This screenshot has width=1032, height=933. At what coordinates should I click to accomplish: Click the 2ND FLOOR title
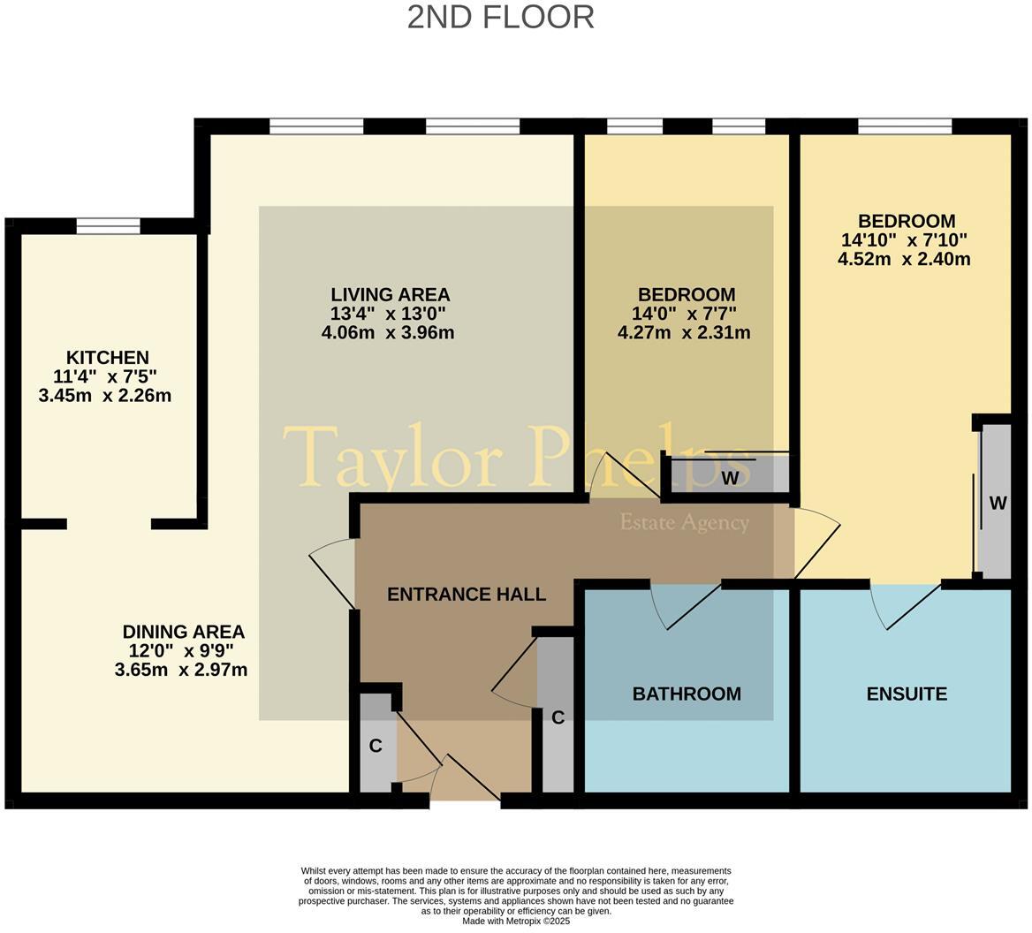[x=500, y=17]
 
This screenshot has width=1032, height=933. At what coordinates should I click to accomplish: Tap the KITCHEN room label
[x=107, y=358]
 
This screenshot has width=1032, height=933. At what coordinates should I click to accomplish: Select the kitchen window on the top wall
[x=108, y=227]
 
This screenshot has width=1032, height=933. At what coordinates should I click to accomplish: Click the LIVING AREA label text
[x=390, y=294]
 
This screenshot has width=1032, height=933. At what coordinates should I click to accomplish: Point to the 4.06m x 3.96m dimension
[x=388, y=333]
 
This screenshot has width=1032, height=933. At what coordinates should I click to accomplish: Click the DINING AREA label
[x=183, y=632]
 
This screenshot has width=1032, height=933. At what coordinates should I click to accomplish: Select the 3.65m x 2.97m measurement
[x=181, y=671]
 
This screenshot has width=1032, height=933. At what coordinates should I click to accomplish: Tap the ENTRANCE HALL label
[x=467, y=595]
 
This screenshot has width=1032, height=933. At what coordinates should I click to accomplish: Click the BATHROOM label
[x=687, y=694]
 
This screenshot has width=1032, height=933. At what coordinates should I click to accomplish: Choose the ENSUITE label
[x=907, y=694]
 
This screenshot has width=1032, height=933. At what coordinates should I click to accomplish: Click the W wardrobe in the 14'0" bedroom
[x=729, y=478]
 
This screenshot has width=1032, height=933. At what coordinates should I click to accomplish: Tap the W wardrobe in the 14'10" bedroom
[x=997, y=503]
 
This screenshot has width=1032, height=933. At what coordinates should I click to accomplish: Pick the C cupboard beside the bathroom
[x=558, y=717]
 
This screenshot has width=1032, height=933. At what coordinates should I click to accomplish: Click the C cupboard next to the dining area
[x=376, y=746]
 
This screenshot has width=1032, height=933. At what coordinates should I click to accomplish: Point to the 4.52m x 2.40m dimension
[x=904, y=260]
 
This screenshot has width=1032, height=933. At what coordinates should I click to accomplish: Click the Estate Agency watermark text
[x=684, y=522]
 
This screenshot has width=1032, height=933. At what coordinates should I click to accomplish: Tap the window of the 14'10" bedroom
[x=905, y=126]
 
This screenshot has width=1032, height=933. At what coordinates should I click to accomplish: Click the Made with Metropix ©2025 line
[x=516, y=921]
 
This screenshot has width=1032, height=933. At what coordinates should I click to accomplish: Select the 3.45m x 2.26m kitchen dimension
[x=105, y=396]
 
